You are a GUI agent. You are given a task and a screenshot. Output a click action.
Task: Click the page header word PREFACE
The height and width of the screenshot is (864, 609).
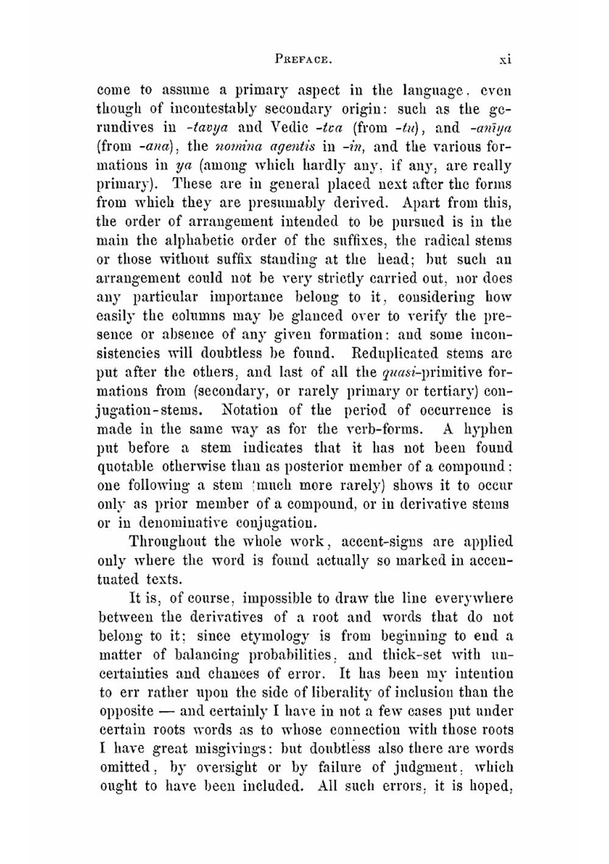click(x=303, y=60)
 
